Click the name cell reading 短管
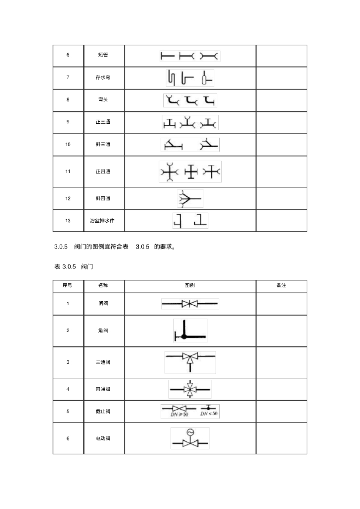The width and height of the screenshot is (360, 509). click(x=103, y=55)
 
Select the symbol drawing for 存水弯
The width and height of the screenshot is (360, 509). click(x=189, y=78)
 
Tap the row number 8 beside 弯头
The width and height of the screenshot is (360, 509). click(x=68, y=99)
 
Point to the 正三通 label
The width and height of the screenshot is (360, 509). click(x=103, y=122)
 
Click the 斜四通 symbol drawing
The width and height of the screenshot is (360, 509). click(x=189, y=198)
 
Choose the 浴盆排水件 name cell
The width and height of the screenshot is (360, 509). click(x=102, y=220)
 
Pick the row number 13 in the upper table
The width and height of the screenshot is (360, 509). click(x=68, y=220)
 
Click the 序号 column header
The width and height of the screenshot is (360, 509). click(x=68, y=286)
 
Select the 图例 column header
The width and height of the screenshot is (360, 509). click(x=189, y=286)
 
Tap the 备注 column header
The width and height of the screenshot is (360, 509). click(x=281, y=286)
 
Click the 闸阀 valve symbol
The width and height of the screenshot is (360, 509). click(x=189, y=303)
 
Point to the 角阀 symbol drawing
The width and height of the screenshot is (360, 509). click(x=189, y=331)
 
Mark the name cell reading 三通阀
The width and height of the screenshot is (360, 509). click(x=103, y=362)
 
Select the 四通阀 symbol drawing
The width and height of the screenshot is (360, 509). click(x=189, y=389)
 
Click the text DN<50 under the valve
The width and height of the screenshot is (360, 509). click(x=209, y=414)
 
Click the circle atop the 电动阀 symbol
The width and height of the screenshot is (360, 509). click(x=189, y=432)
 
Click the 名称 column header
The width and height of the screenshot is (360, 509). click(x=103, y=286)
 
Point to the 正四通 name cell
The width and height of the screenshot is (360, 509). click(x=103, y=171)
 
